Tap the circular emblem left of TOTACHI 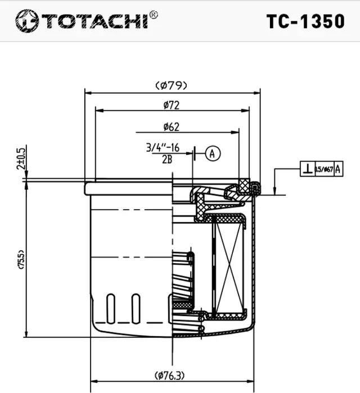(x=26, y=21)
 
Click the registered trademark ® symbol (x=154, y=15)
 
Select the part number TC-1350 (x=305, y=21)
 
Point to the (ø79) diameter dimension (x=171, y=85)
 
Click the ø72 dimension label (x=171, y=105)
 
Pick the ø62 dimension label (x=171, y=127)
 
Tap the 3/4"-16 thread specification (x=163, y=148)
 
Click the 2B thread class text (x=166, y=160)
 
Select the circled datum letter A (x=212, y=153)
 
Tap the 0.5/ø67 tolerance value (x=325, y=168)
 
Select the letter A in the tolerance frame (x=338, y=168)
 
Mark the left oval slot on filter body (x=111, y=308)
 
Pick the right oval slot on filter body (x=136, y=308)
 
